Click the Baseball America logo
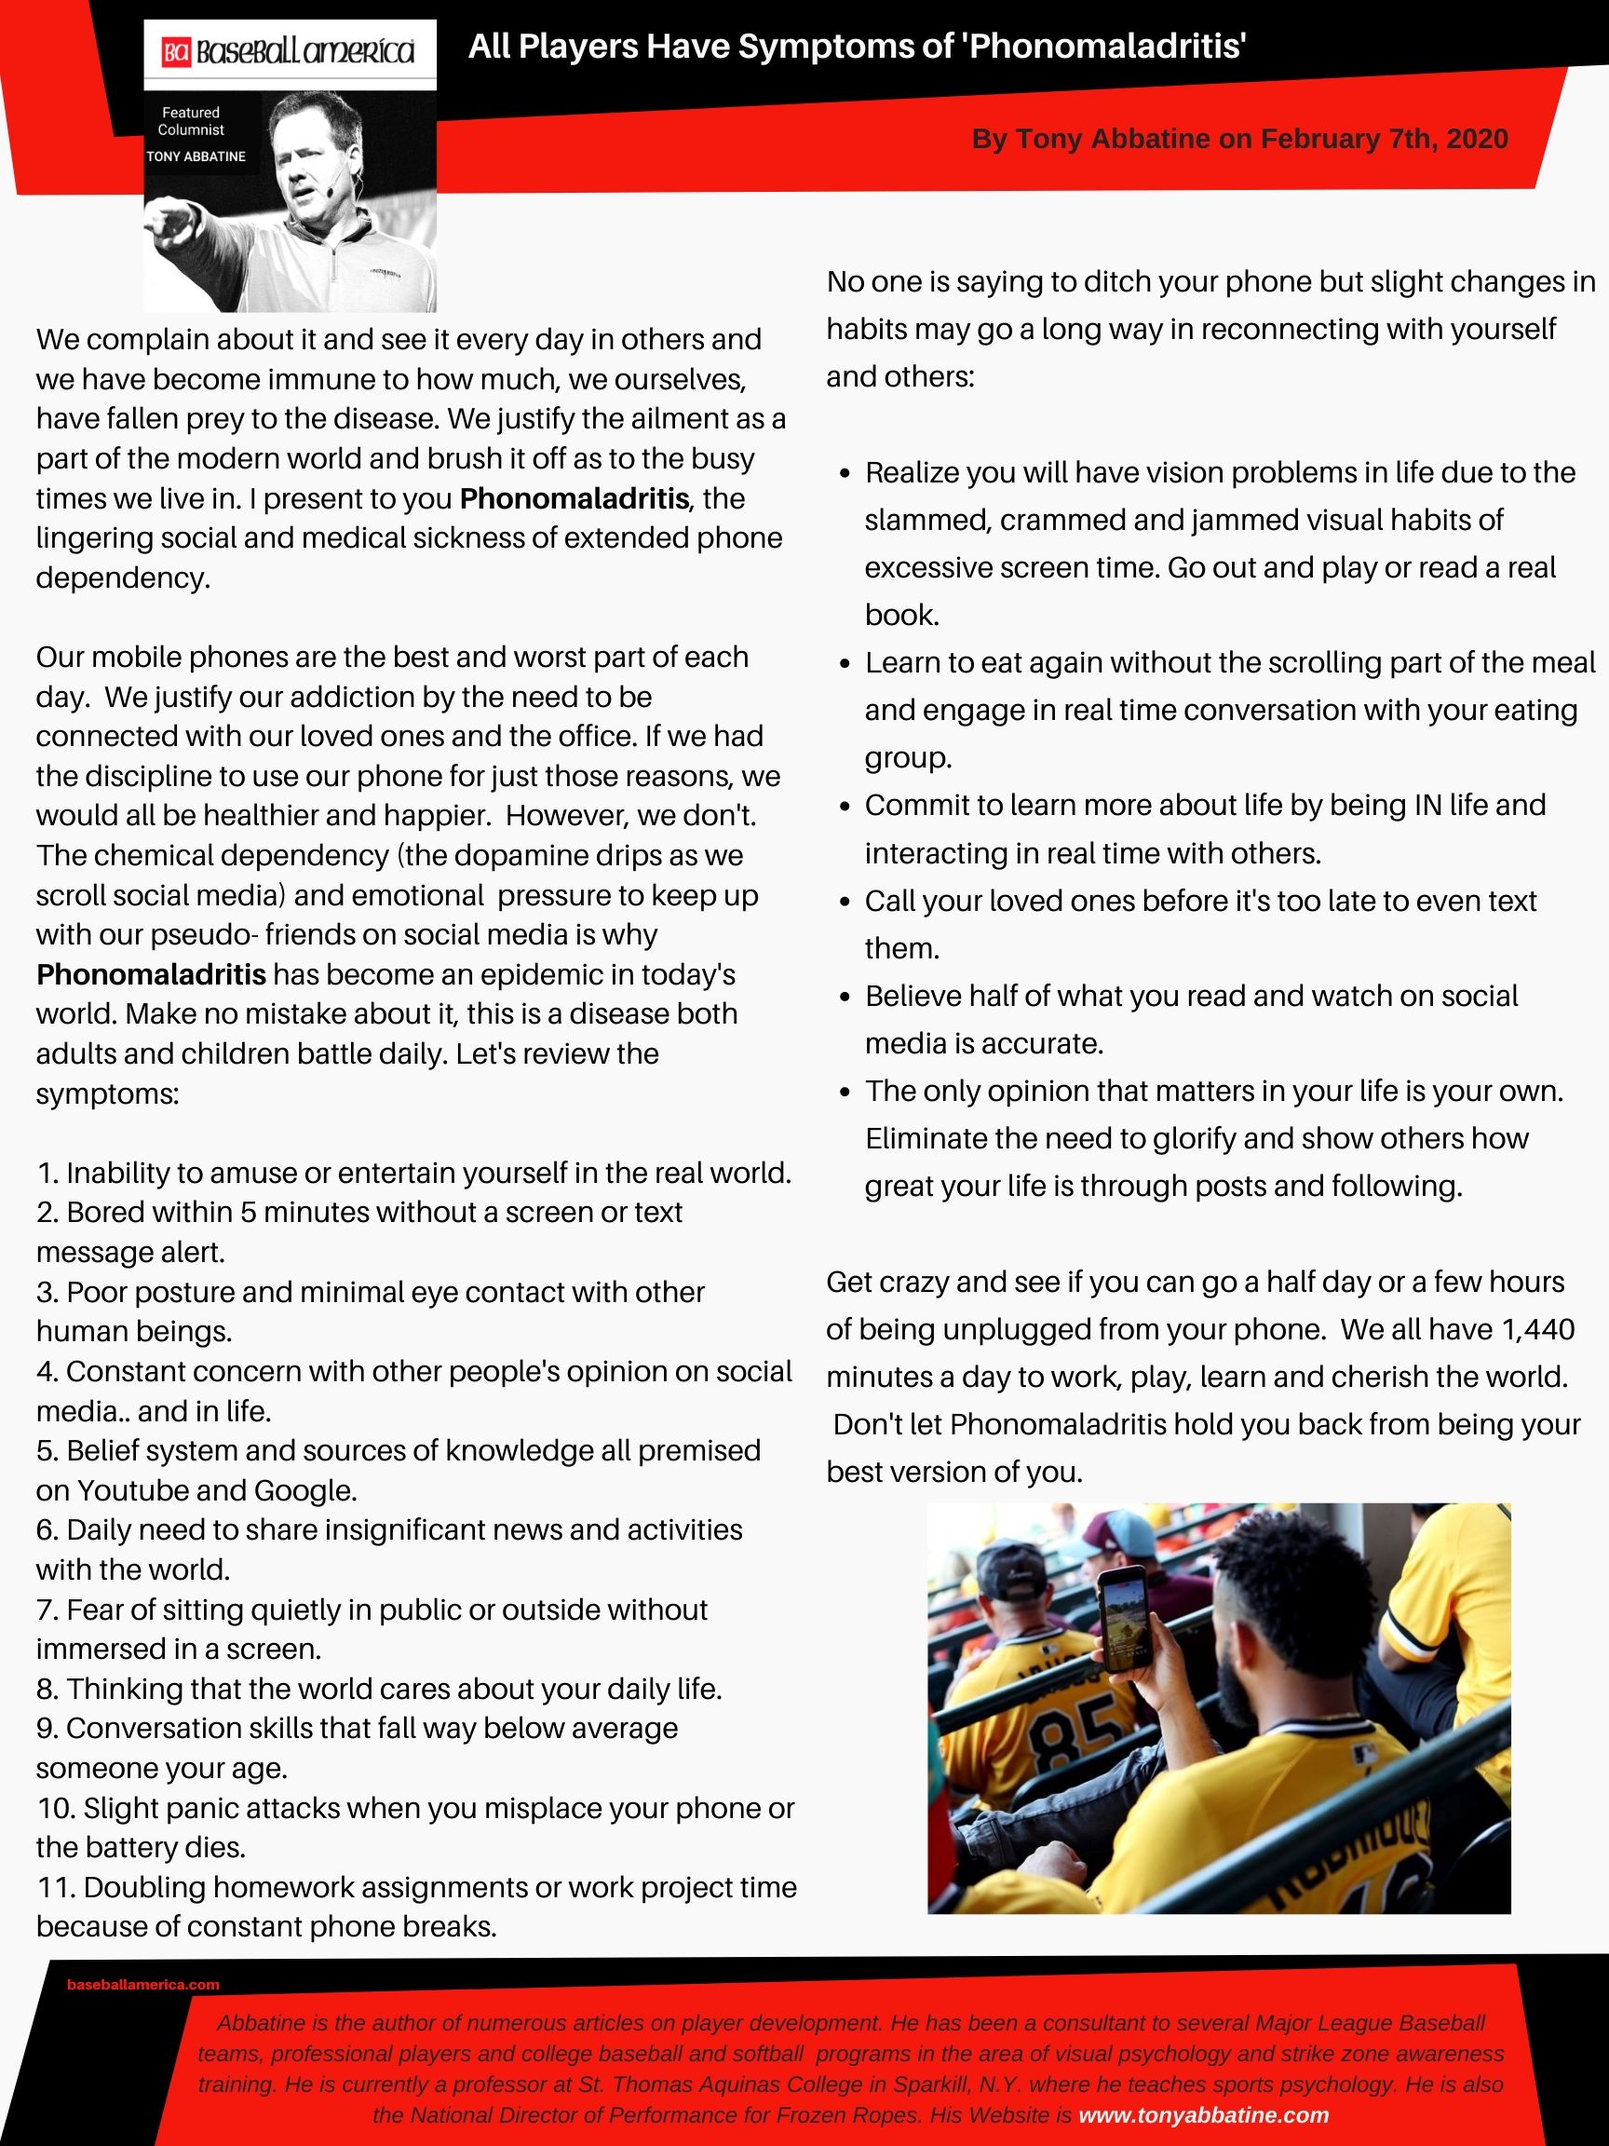(x=289, y=51)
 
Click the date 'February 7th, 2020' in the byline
(x=1384, y=139)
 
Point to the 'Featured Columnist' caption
(x=191, y=121)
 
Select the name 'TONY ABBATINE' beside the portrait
(x=196, y=156)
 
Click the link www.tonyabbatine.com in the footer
(x=1203, y=2115)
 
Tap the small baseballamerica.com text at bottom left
(x=142, y=1985)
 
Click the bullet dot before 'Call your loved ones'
(x=845, y=903)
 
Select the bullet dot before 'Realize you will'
(x=845, y=473)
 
